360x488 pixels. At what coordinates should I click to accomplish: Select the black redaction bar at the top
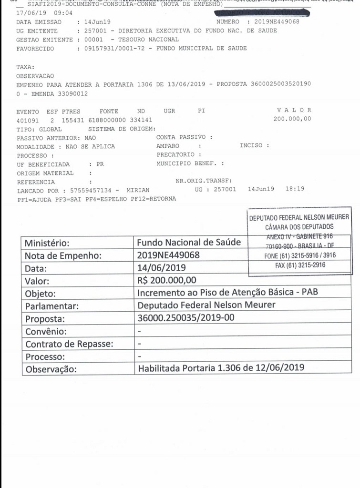click(x=262, y=13)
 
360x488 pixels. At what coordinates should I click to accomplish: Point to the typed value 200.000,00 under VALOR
click(x=292, y=119)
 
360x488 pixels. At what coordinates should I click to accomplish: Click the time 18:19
click(x=295, y=189)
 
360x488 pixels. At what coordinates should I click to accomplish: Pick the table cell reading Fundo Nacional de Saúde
click(x=189, y=242)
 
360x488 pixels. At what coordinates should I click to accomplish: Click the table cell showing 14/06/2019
click(x=161, y=267)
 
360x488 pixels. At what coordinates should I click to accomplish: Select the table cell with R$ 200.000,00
click(x=167, y=280)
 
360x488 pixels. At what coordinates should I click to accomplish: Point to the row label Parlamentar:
click(x=52, y=305)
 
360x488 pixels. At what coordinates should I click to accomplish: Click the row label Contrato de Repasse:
click(x=69, y=344)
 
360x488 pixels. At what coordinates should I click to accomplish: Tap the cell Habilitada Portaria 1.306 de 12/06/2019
click(x=221, y=368)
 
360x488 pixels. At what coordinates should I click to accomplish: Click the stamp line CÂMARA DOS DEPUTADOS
click(x=299, y=227)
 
